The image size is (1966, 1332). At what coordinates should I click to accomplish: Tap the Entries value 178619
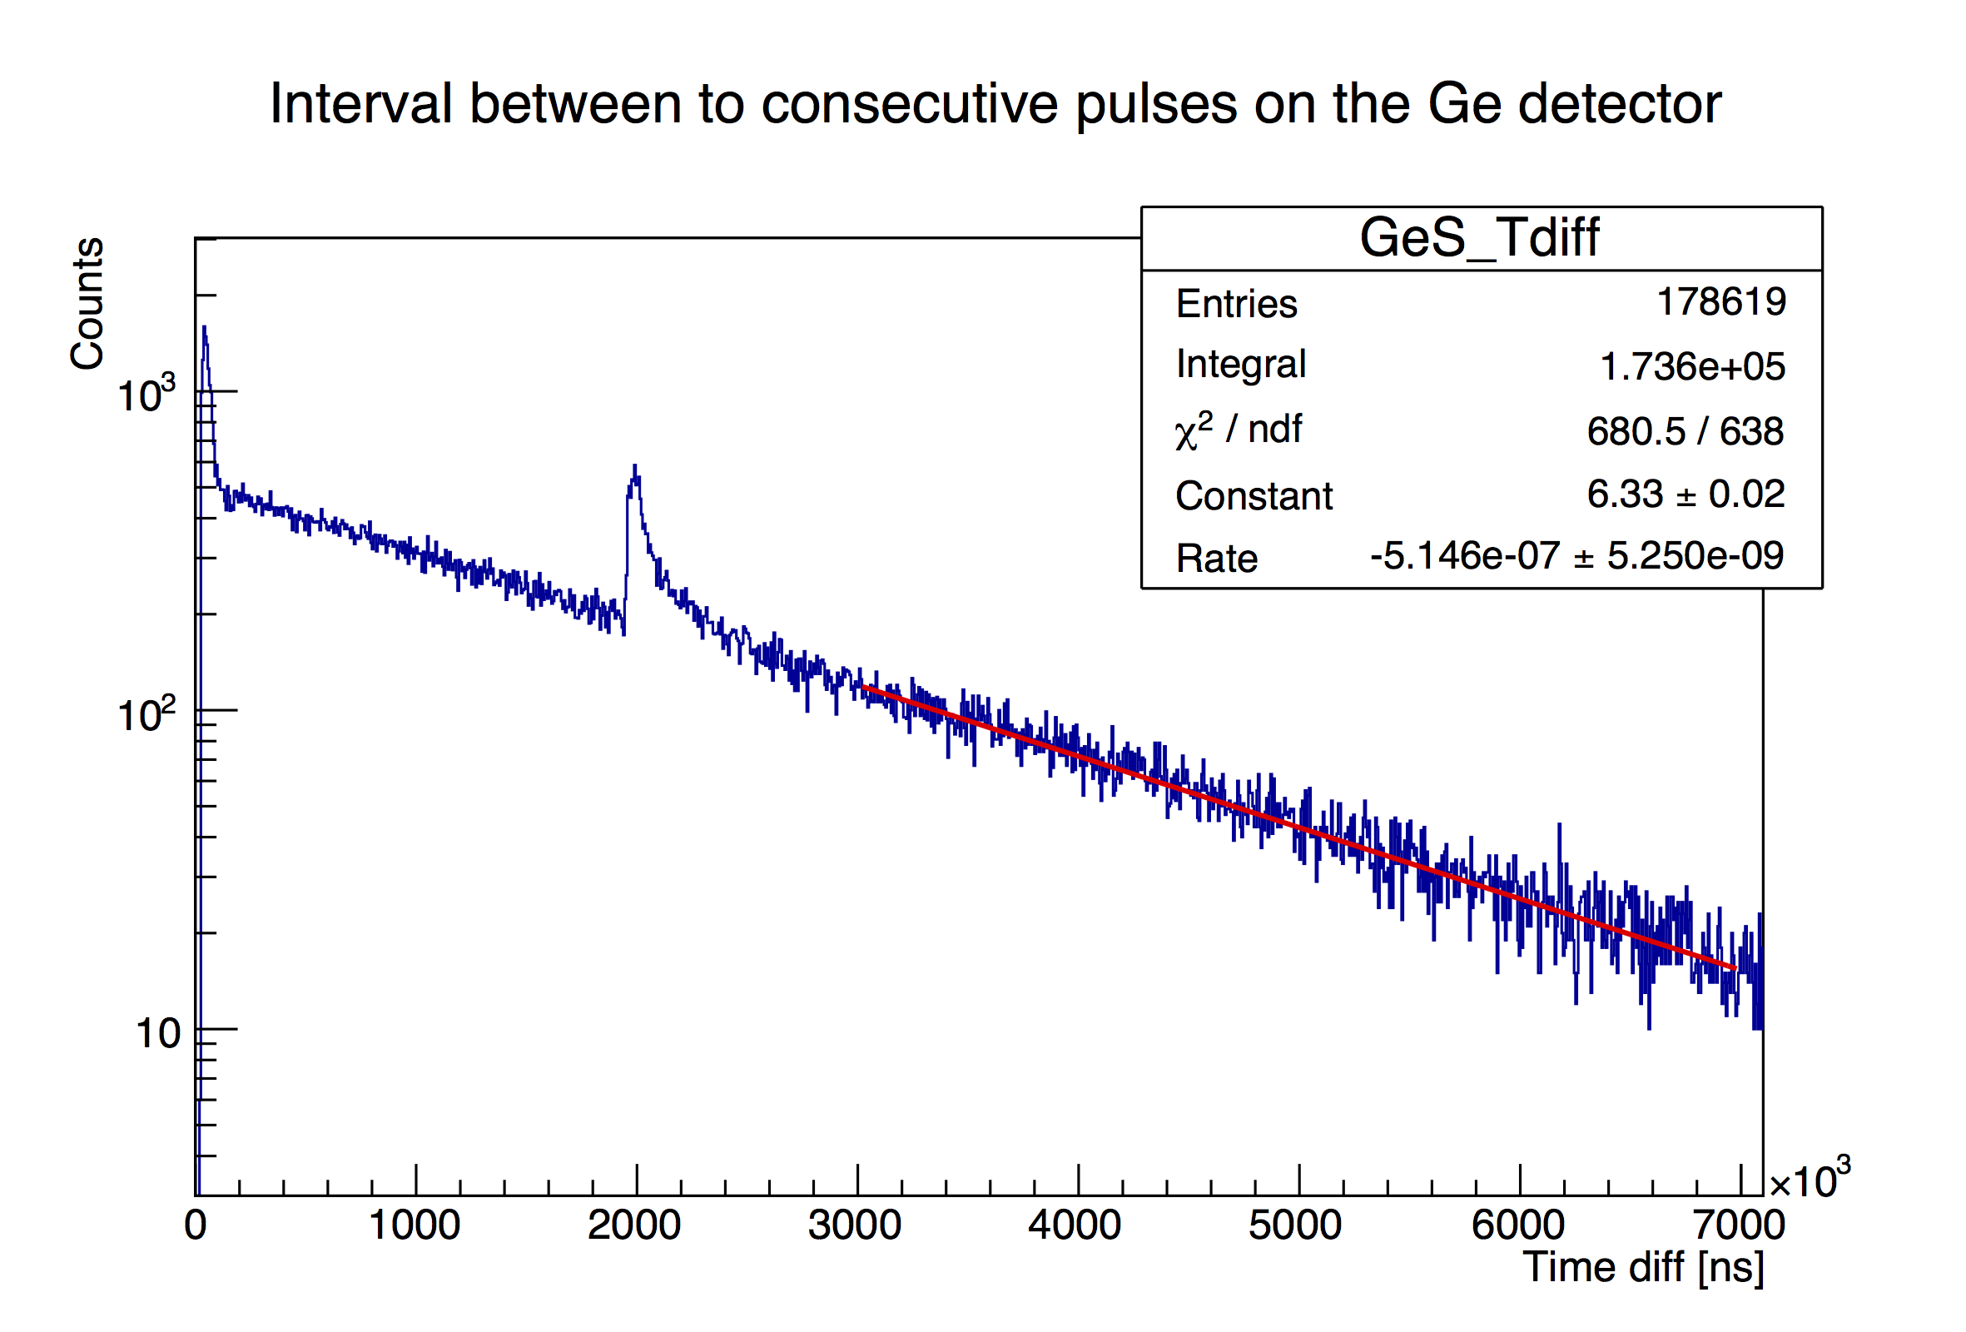point(1720,302)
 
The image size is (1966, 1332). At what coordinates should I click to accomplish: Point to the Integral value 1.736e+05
point(1692,366)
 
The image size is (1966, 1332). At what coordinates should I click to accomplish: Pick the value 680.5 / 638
point(1685,431)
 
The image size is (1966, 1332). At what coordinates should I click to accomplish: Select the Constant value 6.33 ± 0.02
point(1685,495)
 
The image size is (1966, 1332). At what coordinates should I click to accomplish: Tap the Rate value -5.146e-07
point(1464,556)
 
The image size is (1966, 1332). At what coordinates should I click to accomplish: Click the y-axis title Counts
point(87,303)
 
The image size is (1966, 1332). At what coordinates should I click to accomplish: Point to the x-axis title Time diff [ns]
point(1643,1267)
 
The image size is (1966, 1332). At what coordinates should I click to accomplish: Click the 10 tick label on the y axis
point(158,1034)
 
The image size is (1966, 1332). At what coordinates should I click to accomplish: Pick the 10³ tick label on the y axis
point(146,395)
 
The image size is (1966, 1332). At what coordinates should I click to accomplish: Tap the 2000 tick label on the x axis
point(634,1225)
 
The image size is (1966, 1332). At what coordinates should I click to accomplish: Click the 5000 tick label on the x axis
point(1295,1225)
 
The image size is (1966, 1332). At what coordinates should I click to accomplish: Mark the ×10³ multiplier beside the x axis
point(1809,1180)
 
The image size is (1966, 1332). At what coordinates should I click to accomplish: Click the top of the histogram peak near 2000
point(634,466)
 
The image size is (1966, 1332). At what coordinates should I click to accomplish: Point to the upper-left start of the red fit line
point(864,687)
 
